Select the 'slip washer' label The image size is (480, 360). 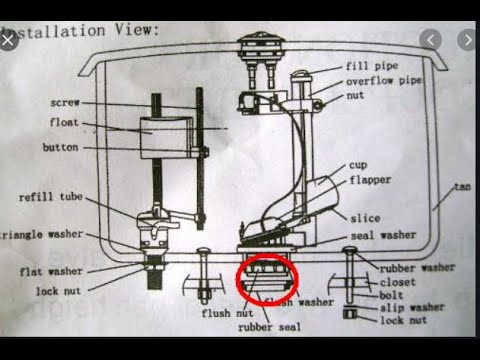click(x=410, y=307)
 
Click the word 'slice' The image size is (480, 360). click(x=364, y=217)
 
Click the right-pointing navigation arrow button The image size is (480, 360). click(x=466, y=40)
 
